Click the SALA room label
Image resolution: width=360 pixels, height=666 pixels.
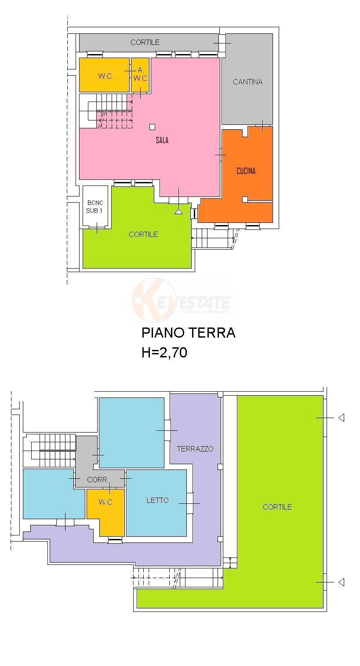(162, 141)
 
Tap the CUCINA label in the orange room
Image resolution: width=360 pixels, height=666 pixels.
(246, 171)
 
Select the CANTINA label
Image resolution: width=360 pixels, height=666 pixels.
(247, 82)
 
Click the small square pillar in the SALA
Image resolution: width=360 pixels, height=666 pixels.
(152, 127)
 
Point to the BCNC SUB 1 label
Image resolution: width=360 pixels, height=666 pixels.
(95, 207)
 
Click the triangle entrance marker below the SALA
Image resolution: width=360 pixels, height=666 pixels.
(178, 211)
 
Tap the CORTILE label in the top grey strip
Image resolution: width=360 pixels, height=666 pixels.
(145, 42)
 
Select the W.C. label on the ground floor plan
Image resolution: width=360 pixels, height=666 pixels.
(106, 76)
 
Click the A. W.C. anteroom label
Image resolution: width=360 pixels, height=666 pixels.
(141, 74)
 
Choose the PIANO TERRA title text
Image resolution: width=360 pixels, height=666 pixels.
(188, 333)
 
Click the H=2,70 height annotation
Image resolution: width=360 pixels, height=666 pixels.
(164, 353)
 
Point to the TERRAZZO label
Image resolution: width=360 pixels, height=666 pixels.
(195, 449)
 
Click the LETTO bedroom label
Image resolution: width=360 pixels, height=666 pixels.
(157, 500)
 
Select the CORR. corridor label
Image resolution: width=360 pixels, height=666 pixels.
(98, 480)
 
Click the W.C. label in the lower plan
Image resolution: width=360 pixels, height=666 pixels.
(106, 502)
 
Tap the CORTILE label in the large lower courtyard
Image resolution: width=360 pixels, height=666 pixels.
(277, 507)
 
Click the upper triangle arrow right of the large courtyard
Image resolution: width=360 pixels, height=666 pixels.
(341, 418)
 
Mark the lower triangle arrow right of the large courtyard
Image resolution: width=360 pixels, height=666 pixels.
(341, 582)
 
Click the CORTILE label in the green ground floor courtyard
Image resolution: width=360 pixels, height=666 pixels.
(143, 234)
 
